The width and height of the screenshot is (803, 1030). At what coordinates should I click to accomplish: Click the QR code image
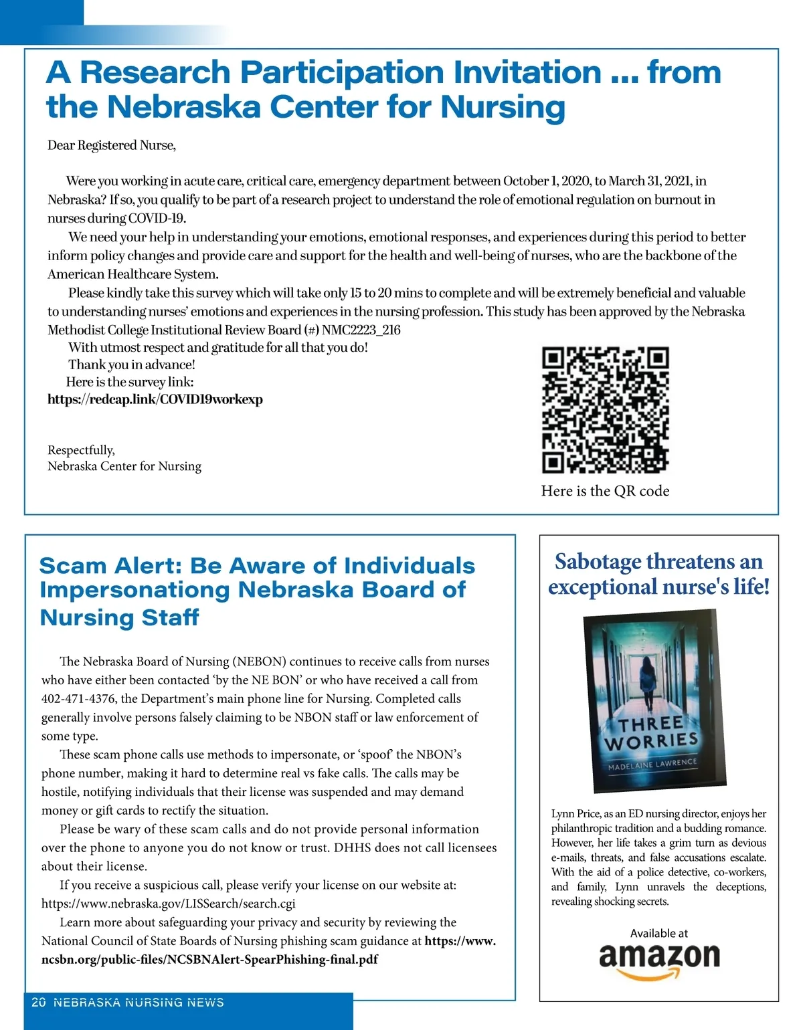pyautogui.click(x=605, y=409)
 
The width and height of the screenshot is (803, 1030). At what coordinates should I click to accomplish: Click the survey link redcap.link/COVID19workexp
pyautogui.click(x=155, y=399)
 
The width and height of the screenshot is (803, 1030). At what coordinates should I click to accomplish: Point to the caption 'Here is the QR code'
pyautogui.click(x=605, y=491)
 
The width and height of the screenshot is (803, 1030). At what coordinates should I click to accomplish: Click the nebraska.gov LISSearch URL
pyautogui.click(x=168, y=903)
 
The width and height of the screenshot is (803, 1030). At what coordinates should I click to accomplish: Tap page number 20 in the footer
pyautogui.click(x=39, y=1002)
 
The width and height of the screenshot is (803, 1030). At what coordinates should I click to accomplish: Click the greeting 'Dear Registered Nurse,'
pyautogui.click(x=112, y=145)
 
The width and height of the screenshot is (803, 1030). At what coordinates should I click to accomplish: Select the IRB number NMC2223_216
pyautogui.click(x=361, y=330)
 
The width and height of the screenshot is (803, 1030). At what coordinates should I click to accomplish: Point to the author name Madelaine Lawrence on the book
pyautogui.click(x=652, y=764)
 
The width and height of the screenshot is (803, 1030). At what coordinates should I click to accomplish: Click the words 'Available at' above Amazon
pyautogui.click(x=658, y=933)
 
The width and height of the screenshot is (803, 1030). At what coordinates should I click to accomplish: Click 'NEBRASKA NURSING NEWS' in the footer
pyautogui.click(x=139, y=1002)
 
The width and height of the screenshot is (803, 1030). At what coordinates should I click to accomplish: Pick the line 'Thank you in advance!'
pyautogui.click(x=132, y=365)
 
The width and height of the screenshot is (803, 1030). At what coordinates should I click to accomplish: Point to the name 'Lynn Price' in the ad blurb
pyautogui.click(x=575, y=813)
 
